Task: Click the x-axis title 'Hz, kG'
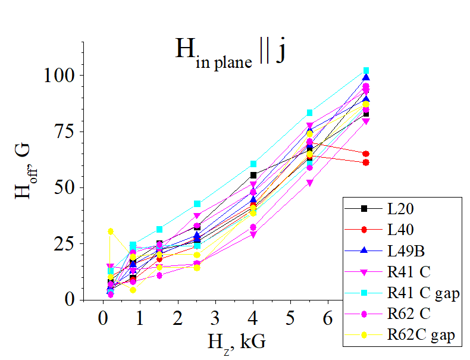[x=236, y=342]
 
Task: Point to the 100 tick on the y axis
[x=59, y=76]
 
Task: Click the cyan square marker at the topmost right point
[x=366, y=71]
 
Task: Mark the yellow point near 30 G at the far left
[x=110, y=231]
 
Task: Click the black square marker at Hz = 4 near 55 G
[x=253, y=175]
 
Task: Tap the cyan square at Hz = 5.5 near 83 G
[x=309, y=112]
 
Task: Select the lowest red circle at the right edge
[x=366, y=162]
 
